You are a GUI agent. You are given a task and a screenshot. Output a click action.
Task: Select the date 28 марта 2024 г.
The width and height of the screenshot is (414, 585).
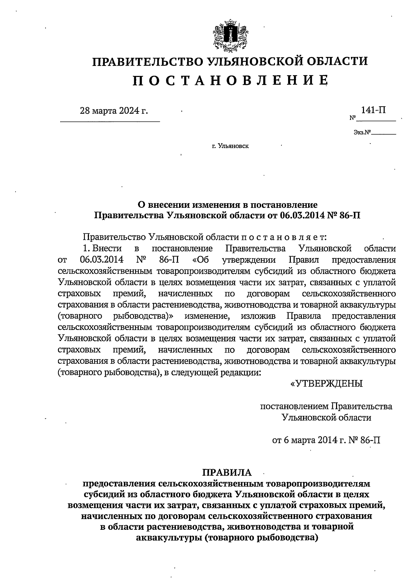pos(114,111)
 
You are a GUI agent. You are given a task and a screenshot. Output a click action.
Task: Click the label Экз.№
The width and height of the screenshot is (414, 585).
pos(362,132)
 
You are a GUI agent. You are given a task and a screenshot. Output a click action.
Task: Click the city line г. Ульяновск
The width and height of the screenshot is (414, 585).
pos(230,146)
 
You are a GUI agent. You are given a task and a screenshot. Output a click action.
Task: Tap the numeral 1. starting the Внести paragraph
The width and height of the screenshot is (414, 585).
pos(86,248)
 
